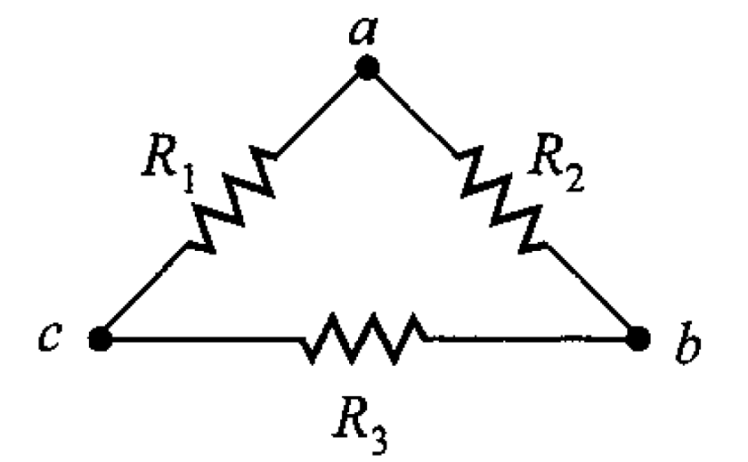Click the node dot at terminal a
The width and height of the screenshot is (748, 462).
(366, 68)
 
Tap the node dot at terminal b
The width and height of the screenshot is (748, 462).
(641, 339)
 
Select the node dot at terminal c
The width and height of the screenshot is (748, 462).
(101, 339)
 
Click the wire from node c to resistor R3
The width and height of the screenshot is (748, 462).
(199, 340)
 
